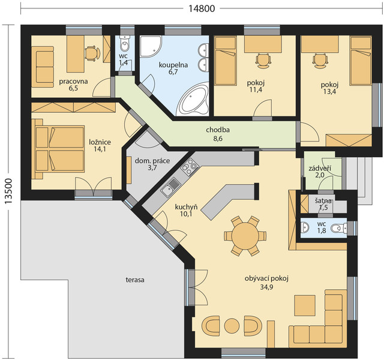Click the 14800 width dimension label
click(202, 8)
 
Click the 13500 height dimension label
click(8, 191)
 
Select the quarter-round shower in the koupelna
click(151, 47)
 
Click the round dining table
click(245, 236)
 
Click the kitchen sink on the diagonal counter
click(170, 187)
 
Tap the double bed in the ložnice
click(58, 149)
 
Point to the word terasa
click(135, 280)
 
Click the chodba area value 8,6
click(218, 139)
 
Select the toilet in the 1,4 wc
click(125, 44)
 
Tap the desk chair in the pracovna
click(92, 53)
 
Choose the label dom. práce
click(152, 161)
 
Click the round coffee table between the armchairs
click(232, 325)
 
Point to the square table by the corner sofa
click(305, 305)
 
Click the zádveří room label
click(320, 169)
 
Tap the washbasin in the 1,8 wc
click(305, 227)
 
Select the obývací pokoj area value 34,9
click(266, 287)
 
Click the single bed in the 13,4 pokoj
click(361, 61)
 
